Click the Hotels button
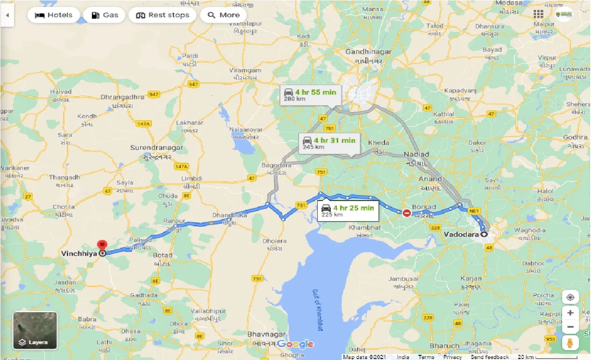(x=54, y=15)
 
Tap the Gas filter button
(x=104, y=15)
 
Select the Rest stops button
(x=162, y=15)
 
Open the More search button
(x=223, y=15)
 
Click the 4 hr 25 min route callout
(x=347, y=210)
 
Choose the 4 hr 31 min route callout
(x=329, y=143)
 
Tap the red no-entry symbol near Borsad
(x=407, y=213)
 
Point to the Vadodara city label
(x=462, y=234)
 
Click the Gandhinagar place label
(x=364, y=52)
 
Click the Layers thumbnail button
(x=35, y=331)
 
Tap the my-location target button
(x=570, y=297)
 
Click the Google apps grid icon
(x=538, y=14)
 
